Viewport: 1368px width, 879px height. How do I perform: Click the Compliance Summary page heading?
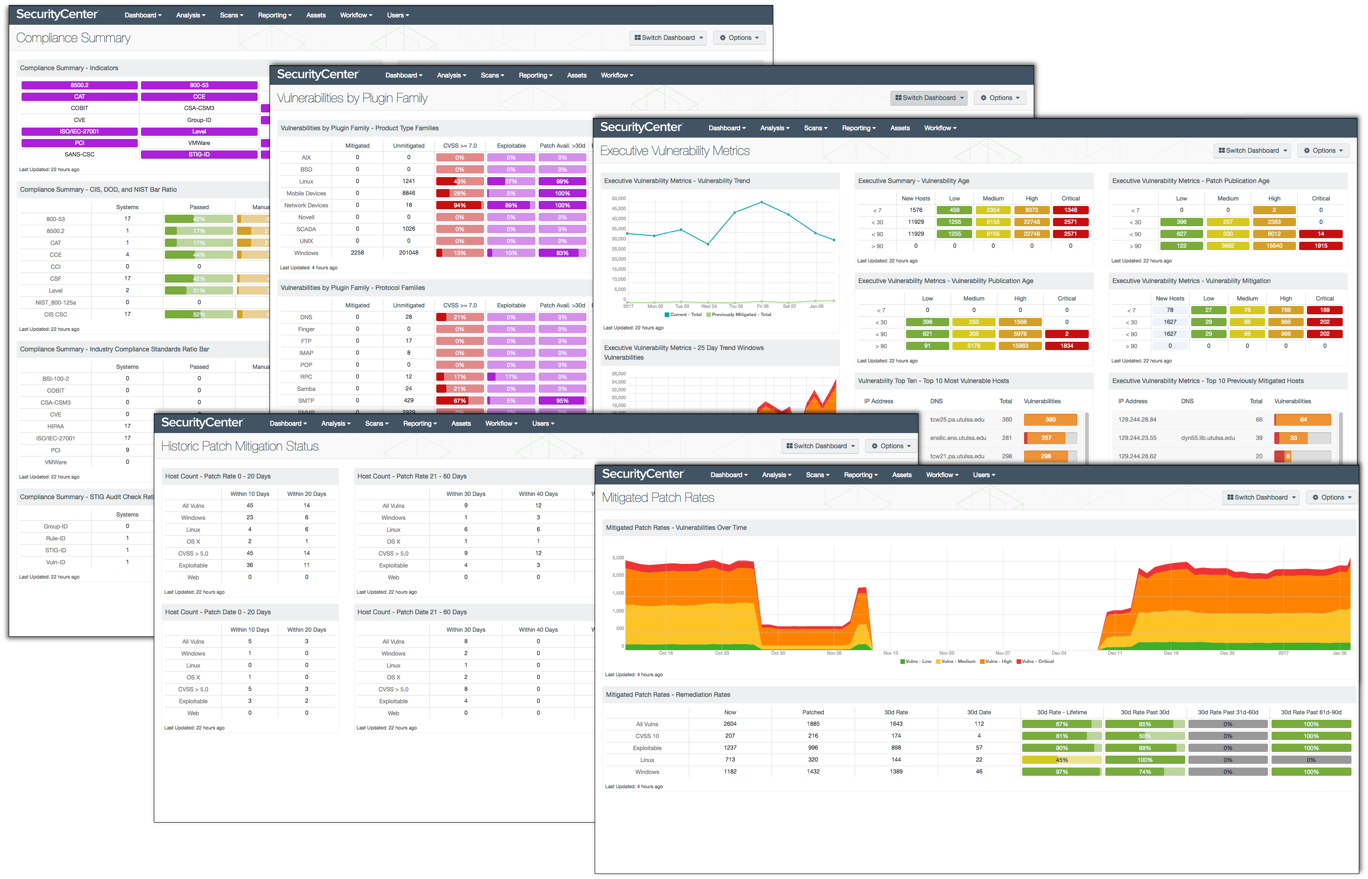[73, 38]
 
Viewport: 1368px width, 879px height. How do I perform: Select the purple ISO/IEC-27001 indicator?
[79, 131]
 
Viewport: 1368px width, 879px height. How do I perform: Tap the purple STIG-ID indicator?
[199, 155]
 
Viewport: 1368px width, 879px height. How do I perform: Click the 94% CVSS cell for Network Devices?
[459, 206]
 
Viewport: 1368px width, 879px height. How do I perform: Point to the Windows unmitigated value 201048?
[408, 253]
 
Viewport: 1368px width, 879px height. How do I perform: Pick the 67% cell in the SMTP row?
[459, 401]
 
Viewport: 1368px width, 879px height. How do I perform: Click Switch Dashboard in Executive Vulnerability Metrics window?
[1251, 150]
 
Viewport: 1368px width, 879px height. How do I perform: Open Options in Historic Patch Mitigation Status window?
[891, 446]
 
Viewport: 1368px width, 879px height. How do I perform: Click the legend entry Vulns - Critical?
[1035, 662]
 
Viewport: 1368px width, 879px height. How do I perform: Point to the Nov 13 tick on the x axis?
[890, 653]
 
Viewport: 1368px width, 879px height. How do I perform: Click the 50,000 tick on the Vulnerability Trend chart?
[619, 199]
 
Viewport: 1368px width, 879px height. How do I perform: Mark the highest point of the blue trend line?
[761, 202]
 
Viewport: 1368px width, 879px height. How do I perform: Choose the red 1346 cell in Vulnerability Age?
[1070, 210]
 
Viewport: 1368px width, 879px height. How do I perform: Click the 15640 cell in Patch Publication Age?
[1274, 246]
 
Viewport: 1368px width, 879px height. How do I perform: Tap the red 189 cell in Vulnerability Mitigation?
[1324, 311]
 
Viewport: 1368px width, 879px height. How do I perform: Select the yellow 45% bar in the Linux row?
[1061, 760]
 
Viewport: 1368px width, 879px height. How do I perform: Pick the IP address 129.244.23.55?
[1137, 438]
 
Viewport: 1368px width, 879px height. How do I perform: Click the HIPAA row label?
[56, 426]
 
